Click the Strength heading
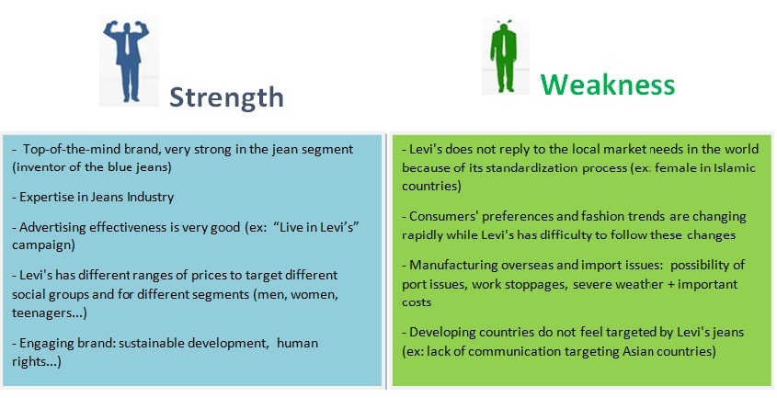coord(226,97)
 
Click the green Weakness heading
coord(608,84)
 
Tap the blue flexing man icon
coord(127,61)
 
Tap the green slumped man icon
coord(504,56)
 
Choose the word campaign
coord(43,245)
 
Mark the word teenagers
coord(47,313)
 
